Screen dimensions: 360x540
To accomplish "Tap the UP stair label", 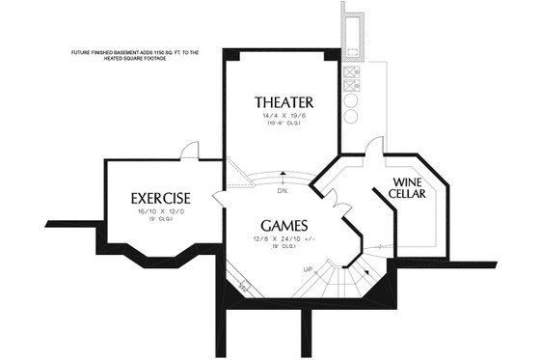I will [x=308, y=268].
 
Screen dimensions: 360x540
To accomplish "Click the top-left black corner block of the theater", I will [x=229, y=50].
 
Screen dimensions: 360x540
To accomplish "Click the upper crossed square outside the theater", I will [x=352, y=70].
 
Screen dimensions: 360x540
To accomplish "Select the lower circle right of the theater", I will [x=352, y=117].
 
